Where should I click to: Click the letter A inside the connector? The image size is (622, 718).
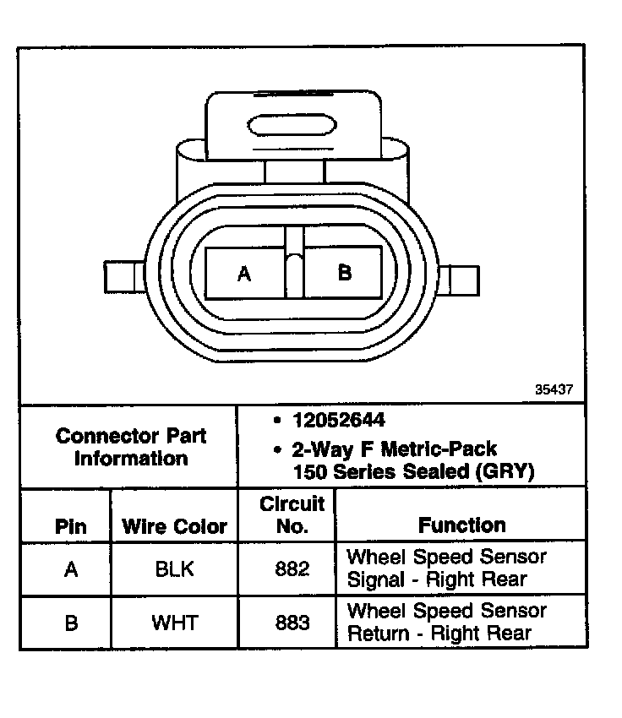coord(244,274)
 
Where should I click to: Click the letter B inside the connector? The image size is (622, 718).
coord(344,273)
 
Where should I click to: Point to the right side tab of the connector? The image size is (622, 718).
coord(461,280)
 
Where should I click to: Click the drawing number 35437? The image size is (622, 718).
coord(554,390)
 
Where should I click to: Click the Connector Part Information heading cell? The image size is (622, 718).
coord(130,448)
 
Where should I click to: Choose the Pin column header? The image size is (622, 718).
coord(71,526)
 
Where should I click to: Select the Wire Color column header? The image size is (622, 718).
coord(175,526)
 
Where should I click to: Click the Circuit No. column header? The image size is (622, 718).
coord(292,515)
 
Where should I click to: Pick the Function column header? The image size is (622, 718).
coord(462,525)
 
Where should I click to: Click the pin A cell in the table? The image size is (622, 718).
coord(71,569)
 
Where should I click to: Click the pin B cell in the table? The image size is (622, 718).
coord(71,623)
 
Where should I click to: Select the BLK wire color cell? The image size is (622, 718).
coord(175,569)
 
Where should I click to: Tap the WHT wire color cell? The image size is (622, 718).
coord(175,623)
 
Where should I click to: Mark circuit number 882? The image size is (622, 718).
coord(292,569)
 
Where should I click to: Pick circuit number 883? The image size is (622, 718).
coord(292,623)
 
